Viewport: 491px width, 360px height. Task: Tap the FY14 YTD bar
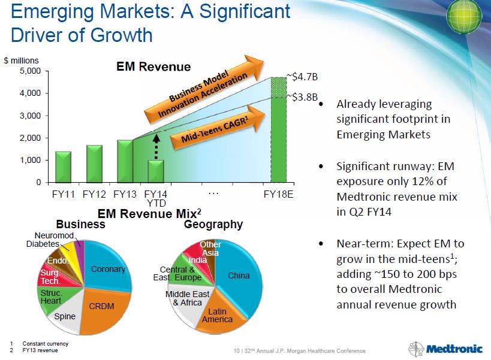[x=156, y=171]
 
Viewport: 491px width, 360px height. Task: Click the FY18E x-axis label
[x=279, y=194]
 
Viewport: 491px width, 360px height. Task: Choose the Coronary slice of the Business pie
[x=108, y=270]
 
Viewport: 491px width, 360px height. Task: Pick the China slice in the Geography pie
[x=239, y=276]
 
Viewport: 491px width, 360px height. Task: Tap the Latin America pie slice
[x=217, y=315]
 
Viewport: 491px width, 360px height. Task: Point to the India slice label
[x=198, y=260]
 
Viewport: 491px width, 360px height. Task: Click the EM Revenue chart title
[x=153, y=67]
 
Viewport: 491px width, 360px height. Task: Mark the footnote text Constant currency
[x=44, y=343]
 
